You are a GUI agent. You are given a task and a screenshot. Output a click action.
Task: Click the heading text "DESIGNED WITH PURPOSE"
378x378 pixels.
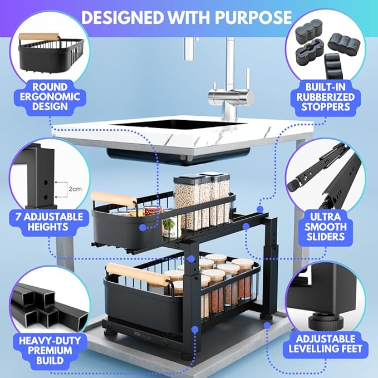tap(189, 17)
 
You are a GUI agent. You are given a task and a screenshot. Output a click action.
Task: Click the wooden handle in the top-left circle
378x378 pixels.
tap(39, 37)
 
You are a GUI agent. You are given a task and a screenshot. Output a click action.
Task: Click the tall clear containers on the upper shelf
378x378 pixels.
tap(200, 198)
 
